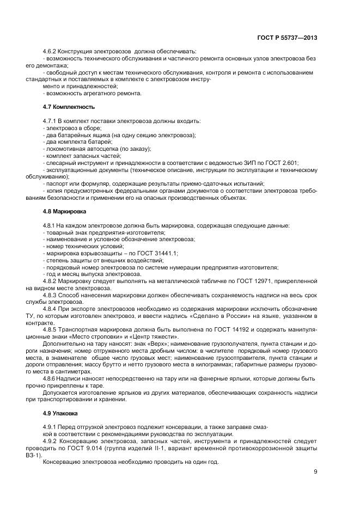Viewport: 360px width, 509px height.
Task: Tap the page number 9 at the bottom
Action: tap(315, 472)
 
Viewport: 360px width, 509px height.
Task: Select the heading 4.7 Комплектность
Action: tap(61, 107)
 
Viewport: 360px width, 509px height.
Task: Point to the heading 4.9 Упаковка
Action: tap(56, 413)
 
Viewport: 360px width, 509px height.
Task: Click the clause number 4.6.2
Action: tap(50, 51)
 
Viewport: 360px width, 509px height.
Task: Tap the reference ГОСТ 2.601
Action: tap(283, 163)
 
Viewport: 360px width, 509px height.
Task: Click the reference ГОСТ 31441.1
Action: tap(158, 253)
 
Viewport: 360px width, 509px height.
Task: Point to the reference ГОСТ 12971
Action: tap(253, 281)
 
